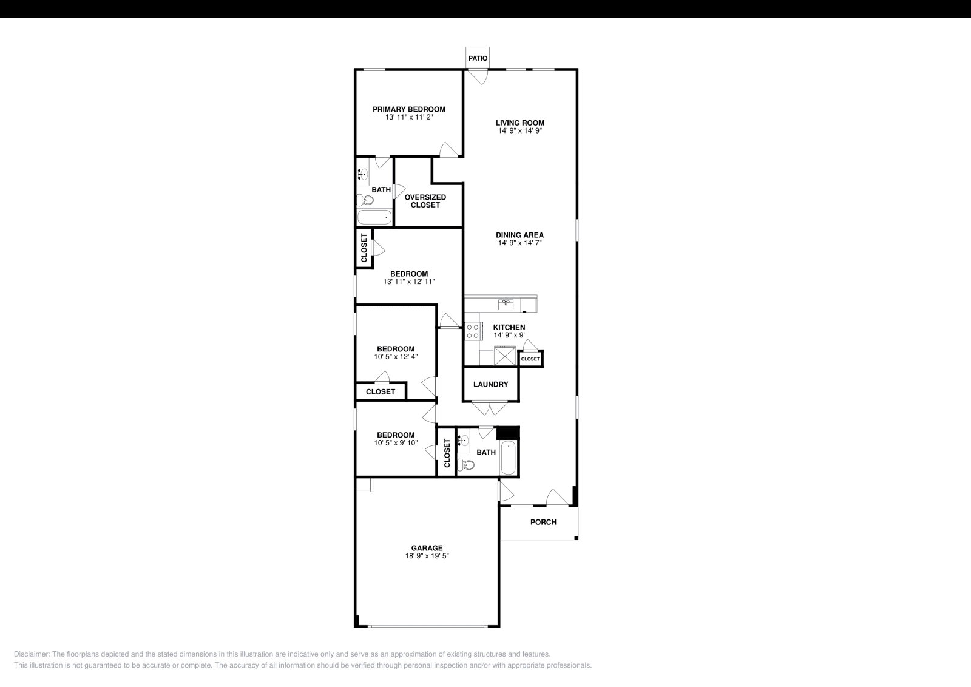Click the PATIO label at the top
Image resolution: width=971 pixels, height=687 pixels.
click(478, 58)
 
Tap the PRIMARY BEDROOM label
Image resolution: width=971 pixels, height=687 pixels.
click(408, 109)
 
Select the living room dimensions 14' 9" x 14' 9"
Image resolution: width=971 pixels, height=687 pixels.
click(519, 130)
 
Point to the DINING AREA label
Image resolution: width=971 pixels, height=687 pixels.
click(519, 235)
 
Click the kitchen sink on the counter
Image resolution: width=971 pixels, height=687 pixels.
click(506, 303)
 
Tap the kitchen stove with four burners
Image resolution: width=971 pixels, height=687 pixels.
click(473, 331)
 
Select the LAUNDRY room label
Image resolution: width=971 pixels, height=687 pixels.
click(490, 384)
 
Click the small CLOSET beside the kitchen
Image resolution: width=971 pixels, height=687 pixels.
click(530, 359)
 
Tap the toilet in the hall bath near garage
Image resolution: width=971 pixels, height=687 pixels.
click(466, 465)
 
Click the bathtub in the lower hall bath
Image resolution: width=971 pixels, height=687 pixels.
click(508, 459)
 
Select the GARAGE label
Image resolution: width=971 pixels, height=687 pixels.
click(427, 548)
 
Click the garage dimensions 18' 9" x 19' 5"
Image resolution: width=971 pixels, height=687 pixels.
click(427, 556)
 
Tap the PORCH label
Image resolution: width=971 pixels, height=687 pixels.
click(543, 522)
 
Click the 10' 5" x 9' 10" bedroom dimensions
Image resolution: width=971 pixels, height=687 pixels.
click(396, 443)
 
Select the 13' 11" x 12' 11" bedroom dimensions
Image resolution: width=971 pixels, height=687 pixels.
click(408, 282)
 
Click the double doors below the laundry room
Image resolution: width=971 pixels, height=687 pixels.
click(490, 408)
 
